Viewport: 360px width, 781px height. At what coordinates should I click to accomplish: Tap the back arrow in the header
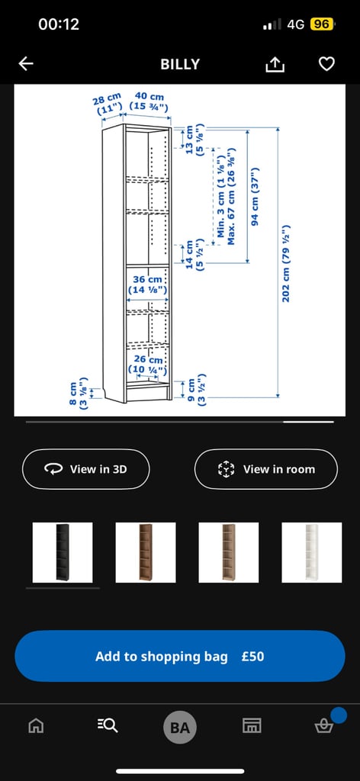pyautogui.click(x=26, y=64)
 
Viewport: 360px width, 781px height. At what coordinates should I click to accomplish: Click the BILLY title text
pyautogui.click(x=180, y=64)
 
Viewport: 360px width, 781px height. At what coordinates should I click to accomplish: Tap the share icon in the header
pyautogui.click(x=275, y=64)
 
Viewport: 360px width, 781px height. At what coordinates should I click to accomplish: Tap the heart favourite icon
pyautogui.click(x=326, y=64)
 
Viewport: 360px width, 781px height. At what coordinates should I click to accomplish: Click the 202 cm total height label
pyautogui.click(x=286, y=263)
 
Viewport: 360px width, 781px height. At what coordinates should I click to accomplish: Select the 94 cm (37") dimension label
pyautogui.click(x=255, y=196)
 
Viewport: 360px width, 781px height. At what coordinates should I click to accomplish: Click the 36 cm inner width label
pyautogui.click(x=147, y=284)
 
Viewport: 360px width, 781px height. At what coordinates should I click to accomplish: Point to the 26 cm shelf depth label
pyautogui.click(x=148, y=364)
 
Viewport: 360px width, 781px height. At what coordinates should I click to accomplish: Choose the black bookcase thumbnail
pyautogui.click(x=63, y=552)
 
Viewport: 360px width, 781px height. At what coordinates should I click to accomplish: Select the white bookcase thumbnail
pyautogui.click(x=311, y=552)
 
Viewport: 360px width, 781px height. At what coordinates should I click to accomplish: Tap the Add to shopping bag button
pyautogui.click(x=180, y=656)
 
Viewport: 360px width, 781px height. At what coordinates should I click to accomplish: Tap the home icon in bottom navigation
pyautogui.click(x=35, y=726)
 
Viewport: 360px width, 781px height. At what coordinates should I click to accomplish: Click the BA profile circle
pyautogui.click(x=180, y=728)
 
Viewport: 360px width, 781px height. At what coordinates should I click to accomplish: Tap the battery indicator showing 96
pyautogui.click(x=321, y=24)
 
